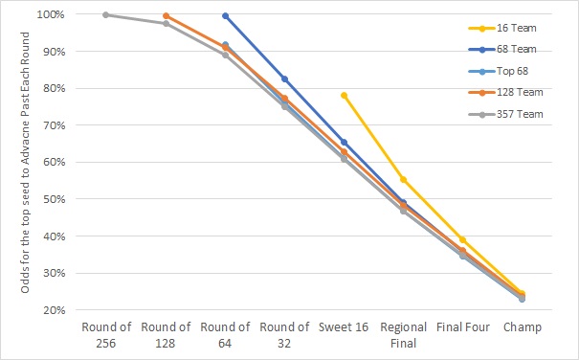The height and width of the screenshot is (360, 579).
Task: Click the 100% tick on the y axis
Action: point(52,15)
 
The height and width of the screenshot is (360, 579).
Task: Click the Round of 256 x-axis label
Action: point(106,335)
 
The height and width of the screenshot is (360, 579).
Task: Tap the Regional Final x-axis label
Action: point(403,335)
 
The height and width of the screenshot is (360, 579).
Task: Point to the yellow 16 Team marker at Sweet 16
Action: point(344,95)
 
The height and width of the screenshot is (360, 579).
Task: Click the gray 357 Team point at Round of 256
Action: point(106,14)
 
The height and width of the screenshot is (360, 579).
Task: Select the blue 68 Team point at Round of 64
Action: point(225,15)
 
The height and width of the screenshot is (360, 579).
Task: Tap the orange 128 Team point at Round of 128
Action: point(166,15)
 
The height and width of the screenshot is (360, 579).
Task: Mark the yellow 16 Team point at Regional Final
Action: point(403,179)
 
